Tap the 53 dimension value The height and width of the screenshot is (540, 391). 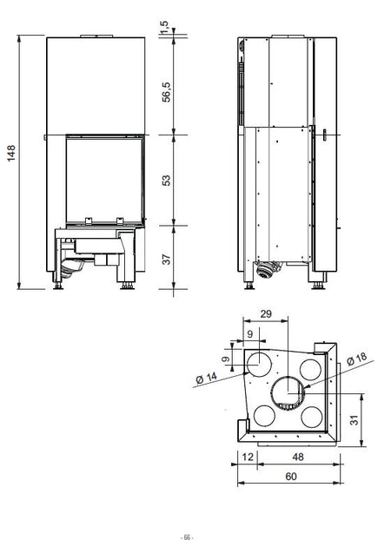point(165,180)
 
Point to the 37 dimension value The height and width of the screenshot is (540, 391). point(165,258)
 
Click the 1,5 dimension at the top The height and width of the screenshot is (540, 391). point(165,30)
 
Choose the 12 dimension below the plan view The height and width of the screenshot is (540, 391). point(247,456)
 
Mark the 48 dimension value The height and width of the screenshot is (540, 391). point(298,456)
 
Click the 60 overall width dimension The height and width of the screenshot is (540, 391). point(288,476)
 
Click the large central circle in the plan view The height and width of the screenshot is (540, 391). point(286,394)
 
